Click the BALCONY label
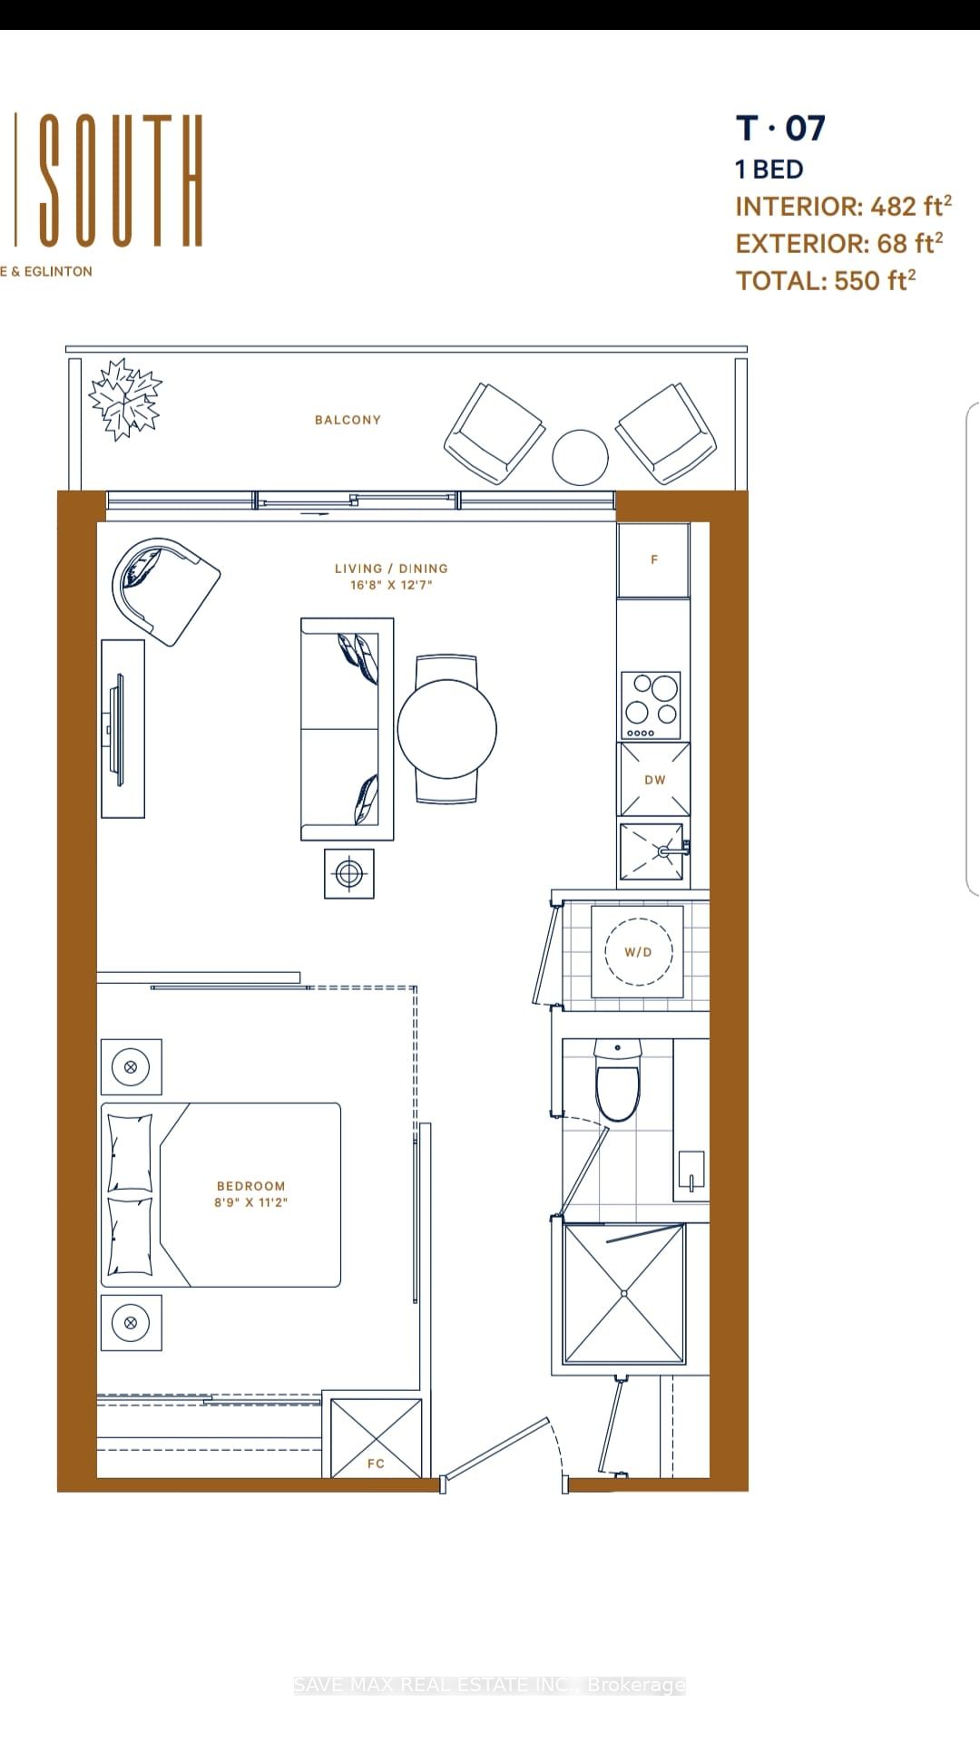[x=348, y=420]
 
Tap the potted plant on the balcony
[x=125, y=399]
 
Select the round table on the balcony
[x=580, y=457]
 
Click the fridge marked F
[x=653, y=559]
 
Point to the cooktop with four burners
[x=651, y=705]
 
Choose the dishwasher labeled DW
[x=654, y=779]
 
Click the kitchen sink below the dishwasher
[x=652, y=851]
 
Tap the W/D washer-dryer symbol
[x=638, y=951]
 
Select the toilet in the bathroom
[x=618, y=1081]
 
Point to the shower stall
[x=623, y=1293]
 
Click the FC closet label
[x=376, y=1464]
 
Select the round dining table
[x=447, y=729]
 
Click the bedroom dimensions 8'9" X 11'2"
[x=251, y=1202]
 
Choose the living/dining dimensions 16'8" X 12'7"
[x=391, y=585]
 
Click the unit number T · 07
[x=780, y=129]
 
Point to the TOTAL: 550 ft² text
[x=826, y=280]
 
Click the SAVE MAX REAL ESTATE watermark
[x=490, y=1685]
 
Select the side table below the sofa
[x=349, y=874]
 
